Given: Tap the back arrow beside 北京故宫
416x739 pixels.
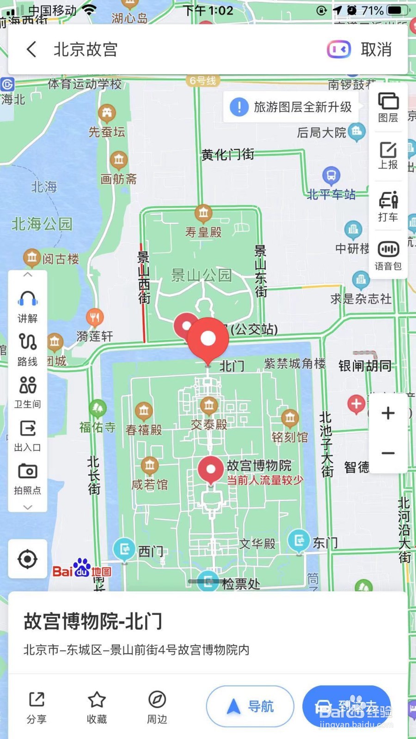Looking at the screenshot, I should [x=31, y=49].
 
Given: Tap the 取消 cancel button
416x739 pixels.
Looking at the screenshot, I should [x=376, y=49].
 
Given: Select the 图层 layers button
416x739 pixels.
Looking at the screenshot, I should [x=388, y=107].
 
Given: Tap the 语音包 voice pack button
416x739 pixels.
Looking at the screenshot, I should [x=388, y=255].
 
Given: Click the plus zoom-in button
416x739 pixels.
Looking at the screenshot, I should [x=388, y=413].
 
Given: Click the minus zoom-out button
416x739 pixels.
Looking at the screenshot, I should [x=388, y=453].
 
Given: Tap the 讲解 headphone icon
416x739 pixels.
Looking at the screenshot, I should [x=28, y=300].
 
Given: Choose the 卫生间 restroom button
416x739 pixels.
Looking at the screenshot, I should [x=28, y=386].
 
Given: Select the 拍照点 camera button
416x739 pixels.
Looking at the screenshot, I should [x=28, y=472].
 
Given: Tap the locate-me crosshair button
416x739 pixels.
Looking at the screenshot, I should [x=28, y=559].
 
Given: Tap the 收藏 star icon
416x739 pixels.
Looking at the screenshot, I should [x=97, y=700].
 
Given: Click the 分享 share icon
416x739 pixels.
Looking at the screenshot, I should [x=37, y=700].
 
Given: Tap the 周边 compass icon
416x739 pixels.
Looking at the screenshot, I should [x=157, y=700].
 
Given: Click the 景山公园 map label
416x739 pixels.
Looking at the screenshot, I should [x=201, y=275].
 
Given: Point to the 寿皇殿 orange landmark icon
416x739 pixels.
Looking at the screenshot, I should [x=203, y=213].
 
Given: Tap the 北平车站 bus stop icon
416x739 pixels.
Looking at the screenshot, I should [x=331, y=176].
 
